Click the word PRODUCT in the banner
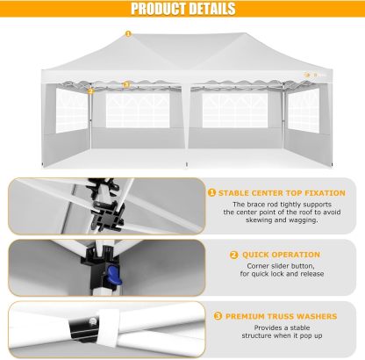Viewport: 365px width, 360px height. [x=154, y=9]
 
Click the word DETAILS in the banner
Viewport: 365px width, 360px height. [x=208, y=9]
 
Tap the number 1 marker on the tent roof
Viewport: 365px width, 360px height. [x=128, y=33]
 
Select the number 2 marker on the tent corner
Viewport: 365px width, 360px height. [x=90, y=91]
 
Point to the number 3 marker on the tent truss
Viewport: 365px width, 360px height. [x=126, y=84]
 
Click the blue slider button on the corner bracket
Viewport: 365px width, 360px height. [x=114, y=275]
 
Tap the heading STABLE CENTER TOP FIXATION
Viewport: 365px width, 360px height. [x=282, y=193]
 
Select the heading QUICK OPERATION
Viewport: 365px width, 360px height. [x=281, y=255]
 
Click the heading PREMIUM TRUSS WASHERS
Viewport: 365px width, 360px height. [x=282, y=316]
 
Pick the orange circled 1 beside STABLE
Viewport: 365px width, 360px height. [x=211, y=193]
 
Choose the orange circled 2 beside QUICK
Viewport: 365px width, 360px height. [x=234, y=255]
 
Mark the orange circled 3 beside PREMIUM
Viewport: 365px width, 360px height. [x=218, y=316]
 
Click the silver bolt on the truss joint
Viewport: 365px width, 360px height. [x=93, y=321]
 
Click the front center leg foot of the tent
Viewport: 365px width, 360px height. [x=187, y=165]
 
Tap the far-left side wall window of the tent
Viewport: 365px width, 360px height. [x=71, y=111]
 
